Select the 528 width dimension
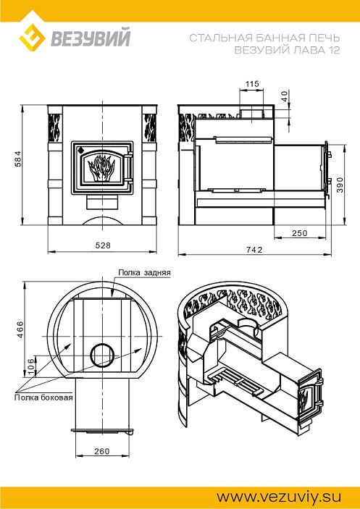103,245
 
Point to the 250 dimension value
299,233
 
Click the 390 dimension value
339,185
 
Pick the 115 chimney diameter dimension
252,84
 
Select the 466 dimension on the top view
20,329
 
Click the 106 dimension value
31,366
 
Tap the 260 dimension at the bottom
102,451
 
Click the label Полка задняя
144,272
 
